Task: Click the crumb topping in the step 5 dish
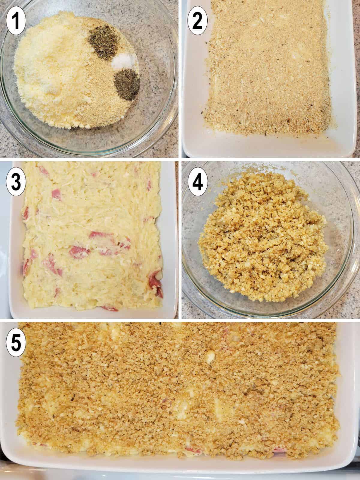coord(180,390)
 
